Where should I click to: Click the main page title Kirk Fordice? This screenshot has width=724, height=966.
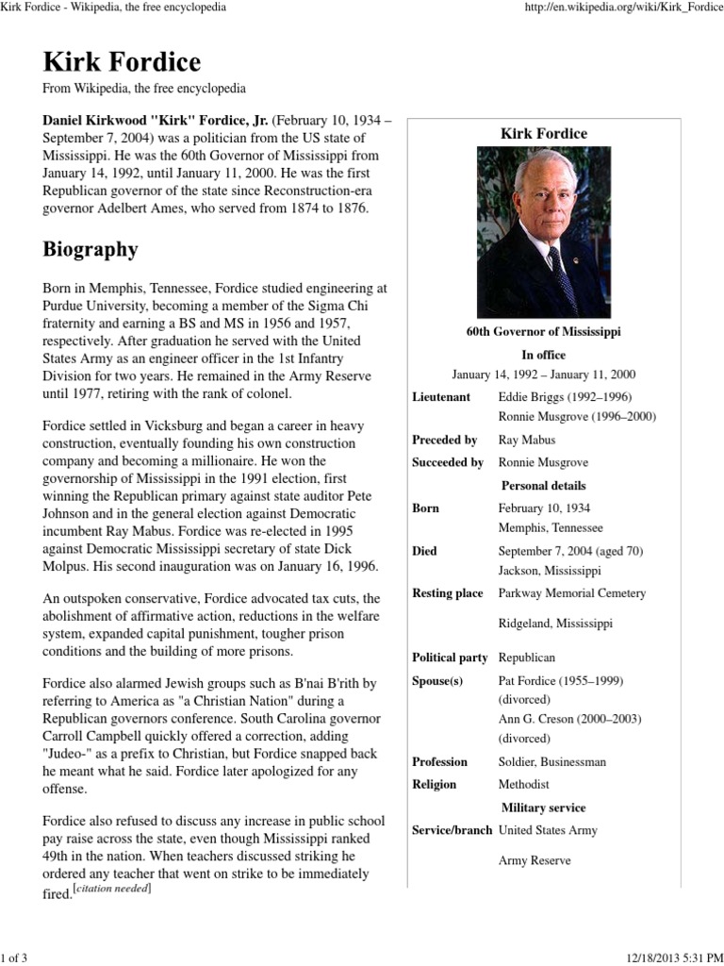tap(122, 63)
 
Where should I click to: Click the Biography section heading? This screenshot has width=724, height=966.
tap(90, 250)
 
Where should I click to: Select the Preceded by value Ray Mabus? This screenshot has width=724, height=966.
tap(526, 440)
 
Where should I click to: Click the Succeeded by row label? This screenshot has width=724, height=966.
tap(448, 462)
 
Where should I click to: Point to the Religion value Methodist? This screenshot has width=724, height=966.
tap(523, 784)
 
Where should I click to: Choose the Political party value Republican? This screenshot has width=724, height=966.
tap(526, 658)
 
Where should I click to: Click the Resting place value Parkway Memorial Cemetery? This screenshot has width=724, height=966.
tap(571, 593)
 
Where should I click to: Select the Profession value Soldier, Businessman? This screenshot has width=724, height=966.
tap(551, 761)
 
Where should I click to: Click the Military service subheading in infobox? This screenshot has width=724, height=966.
tap(543, 808)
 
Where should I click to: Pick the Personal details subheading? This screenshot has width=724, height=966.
tap(543, 485)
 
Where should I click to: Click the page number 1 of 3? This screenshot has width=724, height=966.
tap(15, 958)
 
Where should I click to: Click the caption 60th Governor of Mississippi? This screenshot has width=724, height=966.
tap(543, 332)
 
